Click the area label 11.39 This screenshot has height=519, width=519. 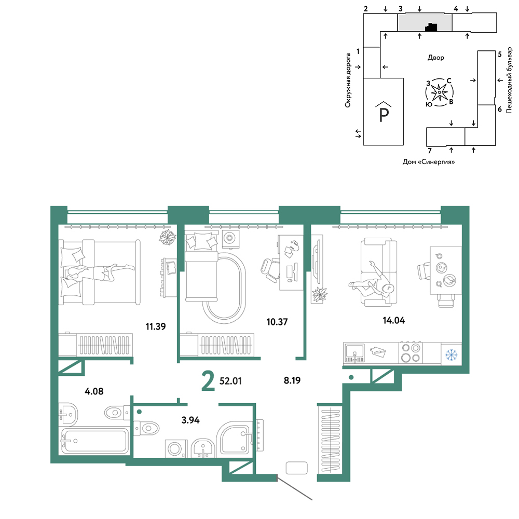point(156,326)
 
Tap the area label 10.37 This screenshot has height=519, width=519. point(277,322)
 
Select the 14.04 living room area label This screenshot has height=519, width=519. point(393,320)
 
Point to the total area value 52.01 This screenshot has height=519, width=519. point(231,381)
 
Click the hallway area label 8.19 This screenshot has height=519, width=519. point(292,380)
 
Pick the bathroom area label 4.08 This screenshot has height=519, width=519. point(94,391)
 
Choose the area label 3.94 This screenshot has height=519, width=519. point(190,420)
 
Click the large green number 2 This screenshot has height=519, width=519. point(208,381)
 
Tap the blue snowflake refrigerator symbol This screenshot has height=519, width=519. point(451,355)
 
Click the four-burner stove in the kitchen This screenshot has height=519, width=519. point(411,353)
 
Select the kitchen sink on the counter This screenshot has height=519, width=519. point(354,353)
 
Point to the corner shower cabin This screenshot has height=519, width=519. point(235,438)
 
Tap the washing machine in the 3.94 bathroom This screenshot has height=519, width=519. point(175,449)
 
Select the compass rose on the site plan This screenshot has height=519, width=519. point(439,92)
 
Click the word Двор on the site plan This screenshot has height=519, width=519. point(436,58)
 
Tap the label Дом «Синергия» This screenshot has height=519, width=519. point(429,162)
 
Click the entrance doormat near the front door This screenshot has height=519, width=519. point(296,468)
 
